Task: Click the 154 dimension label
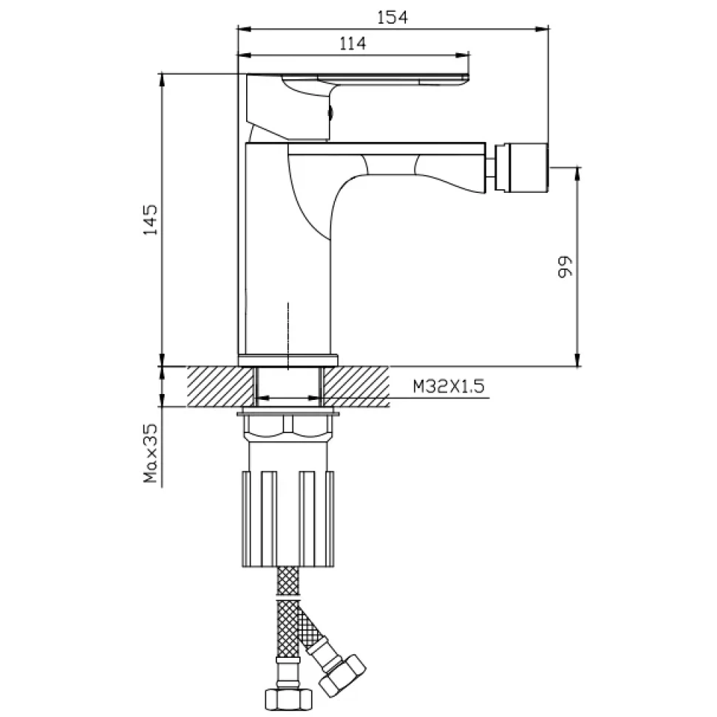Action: click(x=393, y=18)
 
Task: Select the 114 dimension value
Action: click(x=353, y=44)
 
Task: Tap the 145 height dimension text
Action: click(x=151, y=220)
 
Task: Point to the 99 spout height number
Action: click(x=565, y=267)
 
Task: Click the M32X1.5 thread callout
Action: click(x=448, y=387)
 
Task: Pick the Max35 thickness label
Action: click(x=150, y=453)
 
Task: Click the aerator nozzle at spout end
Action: click(x=521, y=167)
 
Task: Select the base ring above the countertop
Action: click(x=288, y=360)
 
